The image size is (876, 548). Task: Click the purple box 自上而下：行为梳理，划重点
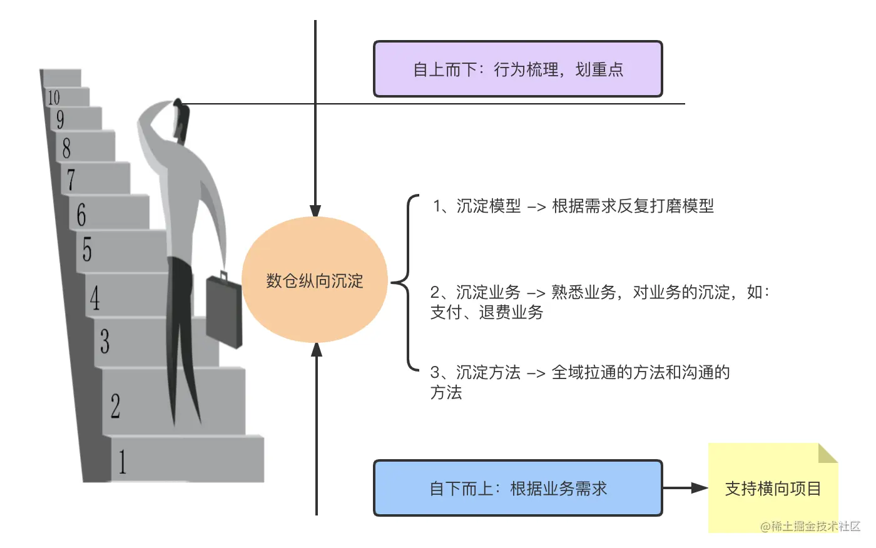click(517, 69)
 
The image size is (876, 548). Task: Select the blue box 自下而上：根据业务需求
click(517, 488)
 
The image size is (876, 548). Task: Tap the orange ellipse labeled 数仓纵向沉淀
click(314, 280)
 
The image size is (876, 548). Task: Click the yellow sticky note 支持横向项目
click(772, 488)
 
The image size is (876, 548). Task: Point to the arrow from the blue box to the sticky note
click(685, 488)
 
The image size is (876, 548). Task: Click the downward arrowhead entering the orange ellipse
click(315, 210)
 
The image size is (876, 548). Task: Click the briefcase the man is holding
click(224, 310)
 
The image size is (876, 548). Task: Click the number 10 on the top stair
click(54, 97)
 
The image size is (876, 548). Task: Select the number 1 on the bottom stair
click(122, 462)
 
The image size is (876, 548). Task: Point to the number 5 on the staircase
click(87, 248)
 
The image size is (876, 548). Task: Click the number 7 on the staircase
click(71, 180)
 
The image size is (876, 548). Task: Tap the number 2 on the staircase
click(115, 405)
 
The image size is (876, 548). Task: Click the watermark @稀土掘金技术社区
click(810, 526)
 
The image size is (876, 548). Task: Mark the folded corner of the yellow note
click(827, 453)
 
